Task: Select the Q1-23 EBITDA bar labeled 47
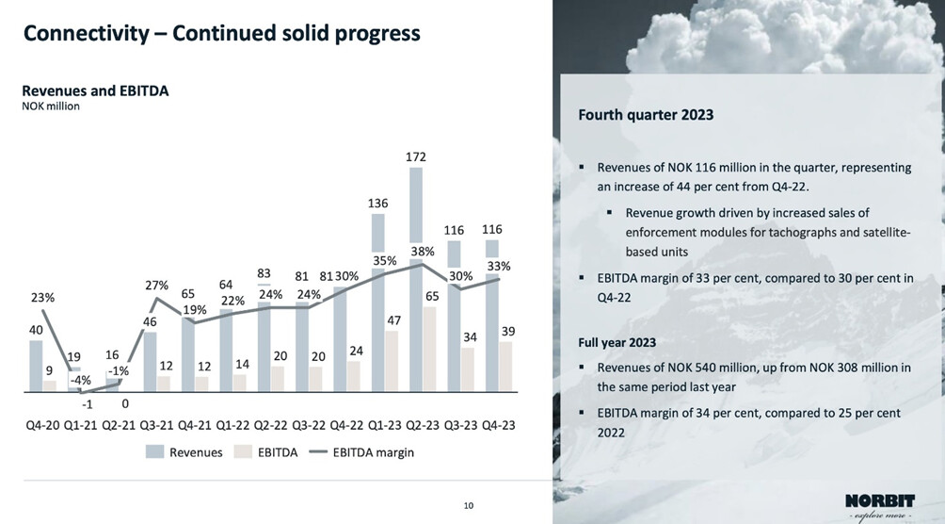tap(392, 360)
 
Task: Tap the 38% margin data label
tap(422, 252)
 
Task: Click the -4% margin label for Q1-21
tap(81, 381)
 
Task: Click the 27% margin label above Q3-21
tap(156, 286)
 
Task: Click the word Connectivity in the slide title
tap(86, 34)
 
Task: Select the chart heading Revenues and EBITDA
tap(95, 91)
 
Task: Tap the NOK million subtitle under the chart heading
tap(51, 106)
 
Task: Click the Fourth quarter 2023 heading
tap(646, 115)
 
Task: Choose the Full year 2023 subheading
tap(617, 342)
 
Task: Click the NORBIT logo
tap(879, 504)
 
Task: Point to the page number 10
tap(468, 506)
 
